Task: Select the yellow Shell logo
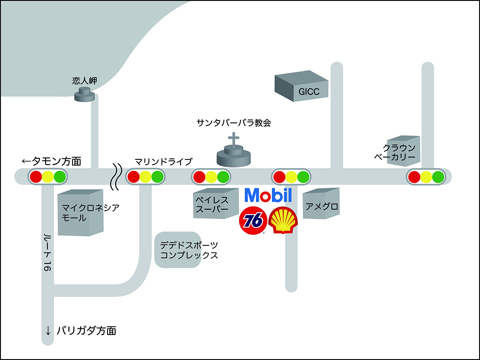tap(284, 221)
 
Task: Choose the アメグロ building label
tap(322, 206)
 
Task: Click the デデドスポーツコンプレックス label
tap(189, 250)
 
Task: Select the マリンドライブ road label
tap(163, 161)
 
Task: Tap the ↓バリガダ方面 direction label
tap(80, 330)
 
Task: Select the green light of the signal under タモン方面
tap(60, 177)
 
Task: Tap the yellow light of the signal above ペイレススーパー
tap(211, 177)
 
